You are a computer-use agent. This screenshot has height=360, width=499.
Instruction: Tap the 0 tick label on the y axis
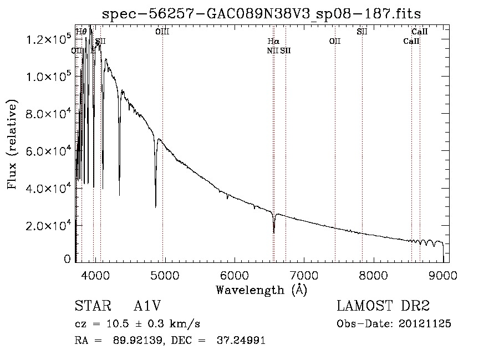point(67,259)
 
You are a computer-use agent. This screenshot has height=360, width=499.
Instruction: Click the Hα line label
point(273,42)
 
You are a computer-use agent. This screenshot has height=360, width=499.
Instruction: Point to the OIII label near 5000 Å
point(162,32)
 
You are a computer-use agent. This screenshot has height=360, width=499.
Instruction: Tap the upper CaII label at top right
point(419,32)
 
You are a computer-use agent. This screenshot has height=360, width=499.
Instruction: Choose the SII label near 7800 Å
point(362,32)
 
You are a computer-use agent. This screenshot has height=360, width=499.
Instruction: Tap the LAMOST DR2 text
point(383,306)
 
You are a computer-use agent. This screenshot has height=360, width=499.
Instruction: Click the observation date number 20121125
point(425,324)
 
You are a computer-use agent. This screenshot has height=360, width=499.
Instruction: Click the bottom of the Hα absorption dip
point(274,232)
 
